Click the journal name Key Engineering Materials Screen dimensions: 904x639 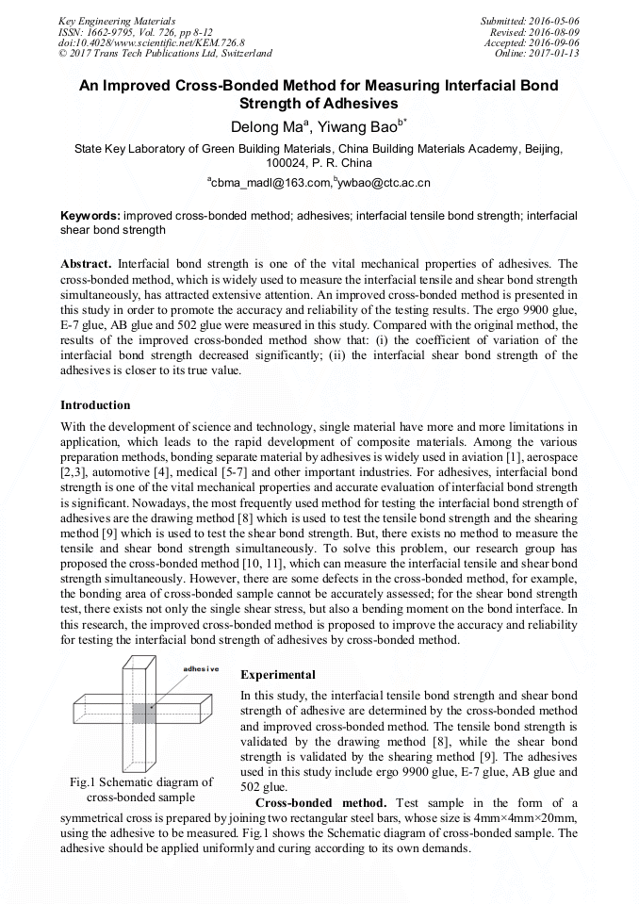(116, 20)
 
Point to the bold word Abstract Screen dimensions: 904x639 (86, 263)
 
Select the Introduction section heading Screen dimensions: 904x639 (95, 405)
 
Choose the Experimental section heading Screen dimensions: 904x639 (278, 675)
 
